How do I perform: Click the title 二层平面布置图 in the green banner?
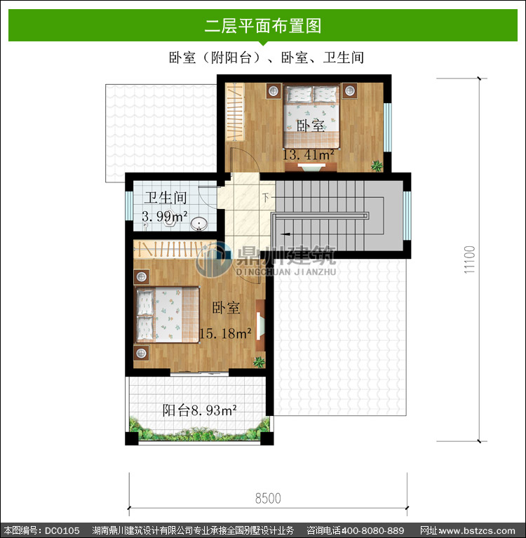coord(263,26)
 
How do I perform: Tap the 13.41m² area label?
coord(308,155)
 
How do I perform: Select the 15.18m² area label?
coord(225,333)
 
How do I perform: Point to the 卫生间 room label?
coord(166,198)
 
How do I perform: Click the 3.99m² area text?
coord(165,217)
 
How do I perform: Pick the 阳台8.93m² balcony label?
coord(199,410)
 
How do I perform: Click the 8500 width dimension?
coord(268,498)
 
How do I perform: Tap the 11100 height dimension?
coord(469,260)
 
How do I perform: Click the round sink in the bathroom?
coord(199,224)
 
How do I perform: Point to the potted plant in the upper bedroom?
coord(377,166)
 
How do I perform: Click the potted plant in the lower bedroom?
coord(259,362)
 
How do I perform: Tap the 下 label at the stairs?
coord(266,198)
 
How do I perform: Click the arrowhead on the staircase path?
coord(285,234)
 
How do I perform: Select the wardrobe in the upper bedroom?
coord(235,112)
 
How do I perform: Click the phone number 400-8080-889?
coord(373,530)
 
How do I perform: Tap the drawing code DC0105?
coord(62,530)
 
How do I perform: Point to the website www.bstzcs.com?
coord(478,530)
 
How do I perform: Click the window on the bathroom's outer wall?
coord(129,206)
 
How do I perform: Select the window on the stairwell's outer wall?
coord(407,216)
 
